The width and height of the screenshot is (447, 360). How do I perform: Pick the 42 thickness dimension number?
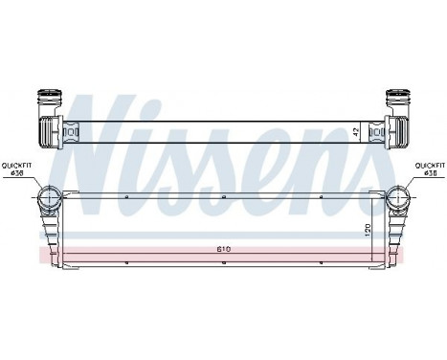click(356, 131)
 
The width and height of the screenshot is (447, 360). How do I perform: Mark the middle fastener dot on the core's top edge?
click(223, 195)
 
